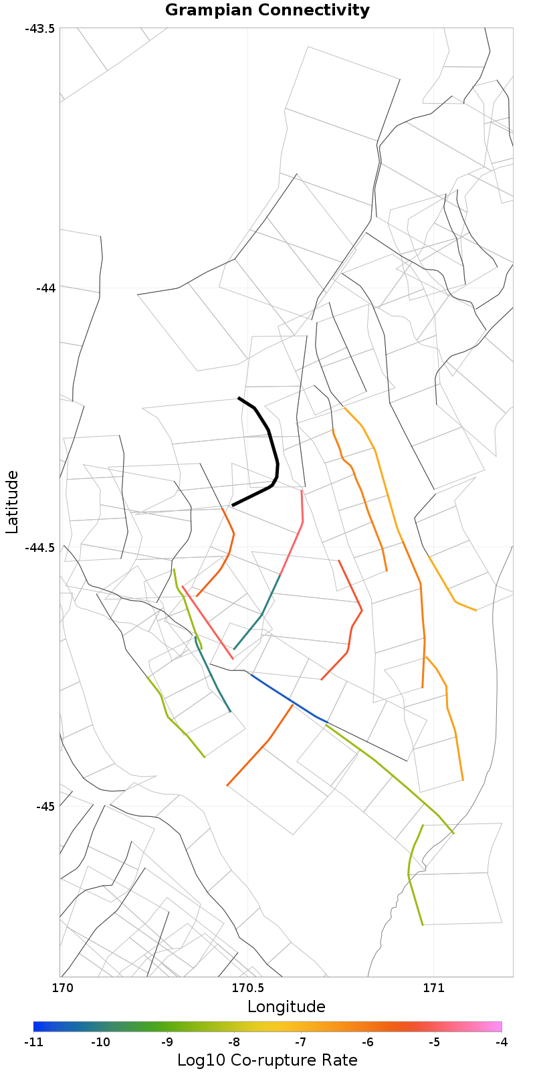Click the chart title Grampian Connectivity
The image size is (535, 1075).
click(x=267, y=10)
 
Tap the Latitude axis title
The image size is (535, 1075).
click(x=12, y=502)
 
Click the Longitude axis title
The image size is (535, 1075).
click(x=286, y=1007)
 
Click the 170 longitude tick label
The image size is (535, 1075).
click(x=62, y=988)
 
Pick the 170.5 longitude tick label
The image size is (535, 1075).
click(x=247, y=988)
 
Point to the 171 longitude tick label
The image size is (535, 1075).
click(x=433, y=988)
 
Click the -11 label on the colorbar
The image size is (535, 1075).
click(x=33, y=1042)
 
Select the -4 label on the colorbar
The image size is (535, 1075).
click(x=502, y=1042)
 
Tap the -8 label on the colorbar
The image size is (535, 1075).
click(x=234, y=1042)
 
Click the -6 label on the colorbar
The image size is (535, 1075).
click(x=368, y=1042)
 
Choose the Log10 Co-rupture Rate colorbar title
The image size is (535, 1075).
click(x=267, y=1060)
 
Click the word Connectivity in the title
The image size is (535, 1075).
click(x=314, y=10)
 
